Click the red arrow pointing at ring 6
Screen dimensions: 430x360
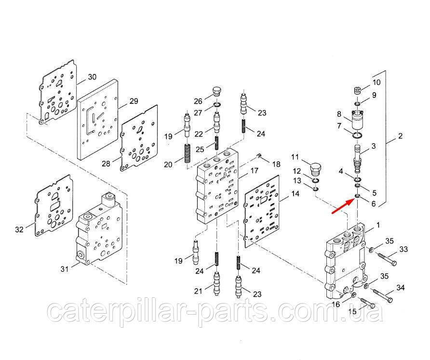(343, 206)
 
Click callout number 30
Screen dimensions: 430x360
(92, 77)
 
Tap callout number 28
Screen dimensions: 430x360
(106, 164)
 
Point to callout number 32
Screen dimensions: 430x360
(19, 229)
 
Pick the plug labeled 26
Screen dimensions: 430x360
(217, 91)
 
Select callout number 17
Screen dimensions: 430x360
(254, 170)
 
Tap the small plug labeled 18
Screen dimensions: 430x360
(258, 156)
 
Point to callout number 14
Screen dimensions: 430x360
(295, 194)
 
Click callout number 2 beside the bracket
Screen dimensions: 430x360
(400, 136)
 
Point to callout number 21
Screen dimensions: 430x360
(198, 291)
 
